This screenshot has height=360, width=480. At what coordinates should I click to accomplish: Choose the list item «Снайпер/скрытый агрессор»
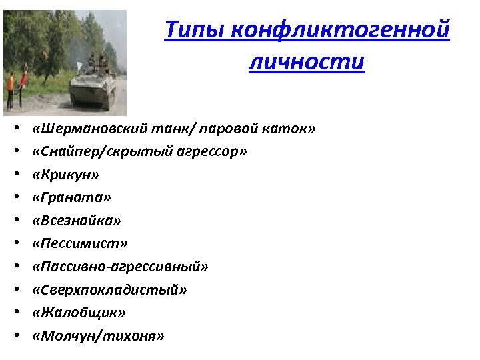[x=139, y=151]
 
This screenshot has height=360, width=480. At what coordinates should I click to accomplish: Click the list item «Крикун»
[x=65, y=175]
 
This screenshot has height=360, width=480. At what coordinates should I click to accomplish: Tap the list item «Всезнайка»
[x=76, y=221]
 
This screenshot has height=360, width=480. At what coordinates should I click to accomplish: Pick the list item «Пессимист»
[x=79, y=243]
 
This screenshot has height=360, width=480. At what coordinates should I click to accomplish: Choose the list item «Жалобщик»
[x=79, y=313]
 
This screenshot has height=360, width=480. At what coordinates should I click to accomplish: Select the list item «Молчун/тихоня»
[x=97, y=335]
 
